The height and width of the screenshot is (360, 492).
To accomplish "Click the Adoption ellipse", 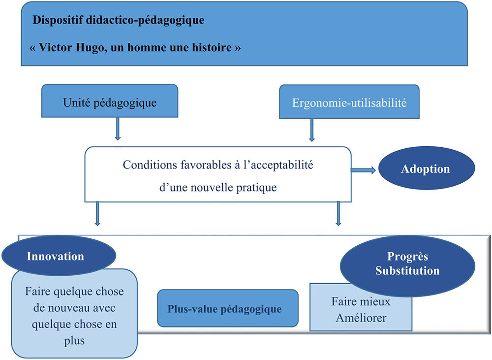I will click(x=426, y=169).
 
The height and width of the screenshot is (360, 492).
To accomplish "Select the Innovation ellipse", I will click(x=56, y=257).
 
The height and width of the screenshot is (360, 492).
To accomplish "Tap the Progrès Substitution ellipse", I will click(x=407, y=264).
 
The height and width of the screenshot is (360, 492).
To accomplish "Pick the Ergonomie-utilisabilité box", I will click(x=349, y=103).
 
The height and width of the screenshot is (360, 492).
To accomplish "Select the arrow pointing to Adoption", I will click(x=364, y=169).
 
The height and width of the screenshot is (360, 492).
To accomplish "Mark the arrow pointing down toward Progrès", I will click(x=338, y=213).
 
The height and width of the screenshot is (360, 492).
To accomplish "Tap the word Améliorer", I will click(x=361, y=318).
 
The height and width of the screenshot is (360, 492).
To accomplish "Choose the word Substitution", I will click(x=407, y=271).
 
